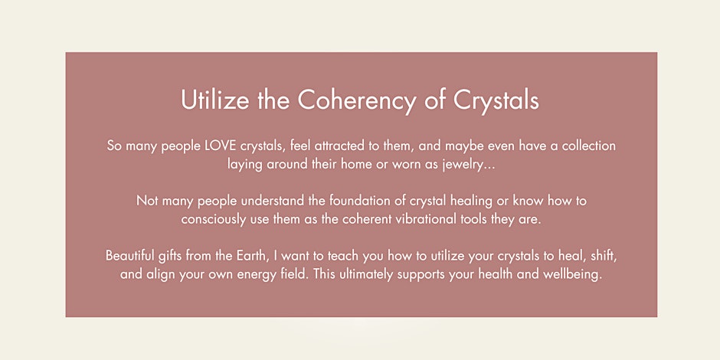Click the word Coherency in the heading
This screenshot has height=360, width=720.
[357, 100]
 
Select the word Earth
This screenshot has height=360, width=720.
[252, 255]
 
